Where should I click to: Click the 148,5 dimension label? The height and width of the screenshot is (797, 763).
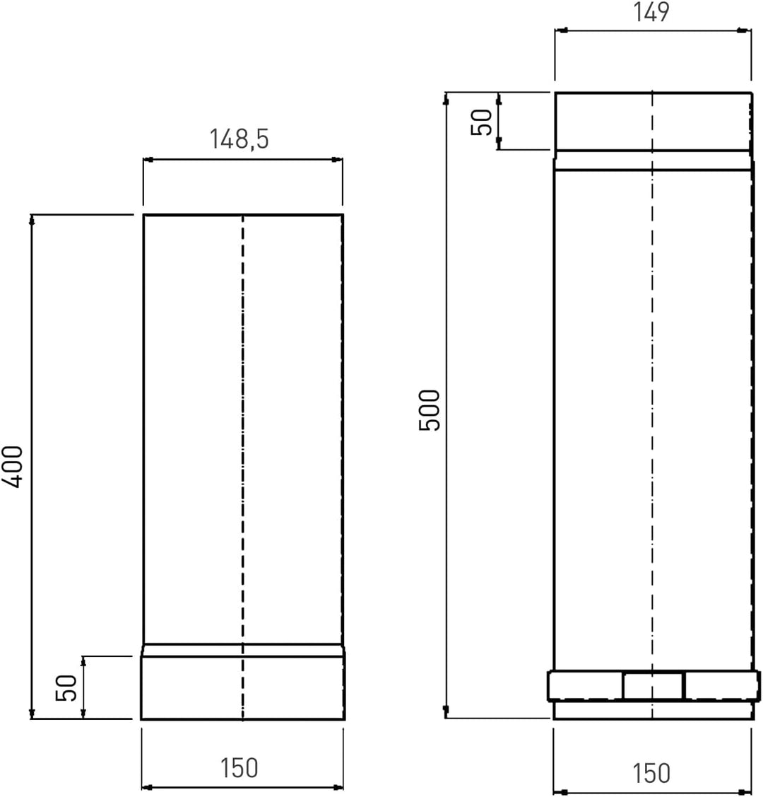point(239,139)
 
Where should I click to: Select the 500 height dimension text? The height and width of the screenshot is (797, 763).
point(429,410)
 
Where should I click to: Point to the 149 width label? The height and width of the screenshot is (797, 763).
point(651,12)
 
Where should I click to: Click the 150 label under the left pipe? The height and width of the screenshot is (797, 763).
point(239,768)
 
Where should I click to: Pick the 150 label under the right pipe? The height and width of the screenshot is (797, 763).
point(651,773)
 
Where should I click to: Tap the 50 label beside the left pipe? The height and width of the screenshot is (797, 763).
point(66,687)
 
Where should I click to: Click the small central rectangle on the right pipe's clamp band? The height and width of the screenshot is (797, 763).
point(653,686)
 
